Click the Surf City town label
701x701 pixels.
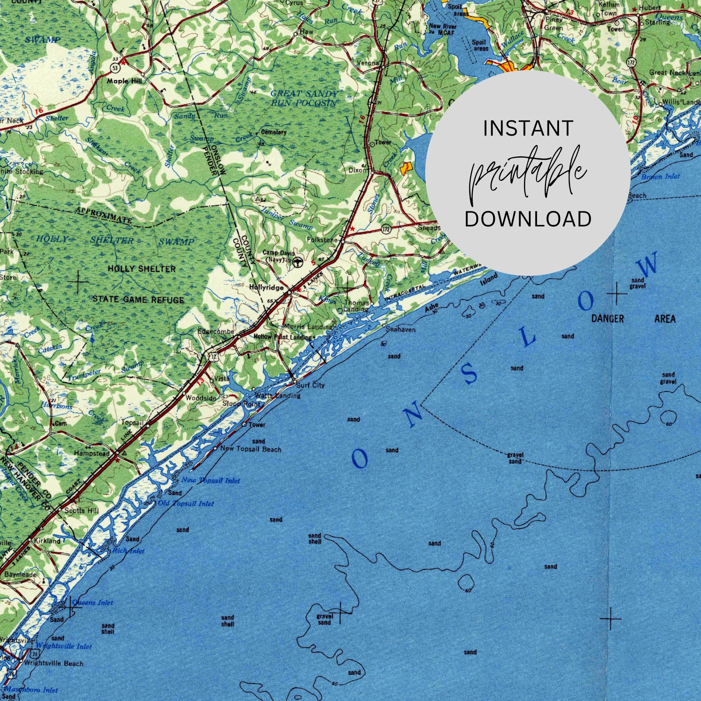pyautogui.click(x=310, y=385)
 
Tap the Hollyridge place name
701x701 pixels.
pyautogui.click(x=267, y=287)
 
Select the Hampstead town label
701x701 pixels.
pyautogui.click(x=91, y=453)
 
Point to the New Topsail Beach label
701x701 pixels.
pyautogui.click(x=251, y=449)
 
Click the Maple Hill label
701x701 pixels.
pyautogui.click(x=124, y=81)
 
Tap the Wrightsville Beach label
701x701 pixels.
pyautogui.click(x=53, y=663)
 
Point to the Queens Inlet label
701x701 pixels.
pyautogui.click(x=93, y=603)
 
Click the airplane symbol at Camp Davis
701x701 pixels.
pyautogui.click(x=298, y=261)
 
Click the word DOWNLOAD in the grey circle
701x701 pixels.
pyautogui.click(x=528, y=219)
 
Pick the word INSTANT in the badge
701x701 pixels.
pyautogui.click(x=528, y=128)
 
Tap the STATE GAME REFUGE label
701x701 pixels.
pyautogui.click(x=138, y=300)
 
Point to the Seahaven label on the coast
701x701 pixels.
pyautogui.click(x=401, y=329)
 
